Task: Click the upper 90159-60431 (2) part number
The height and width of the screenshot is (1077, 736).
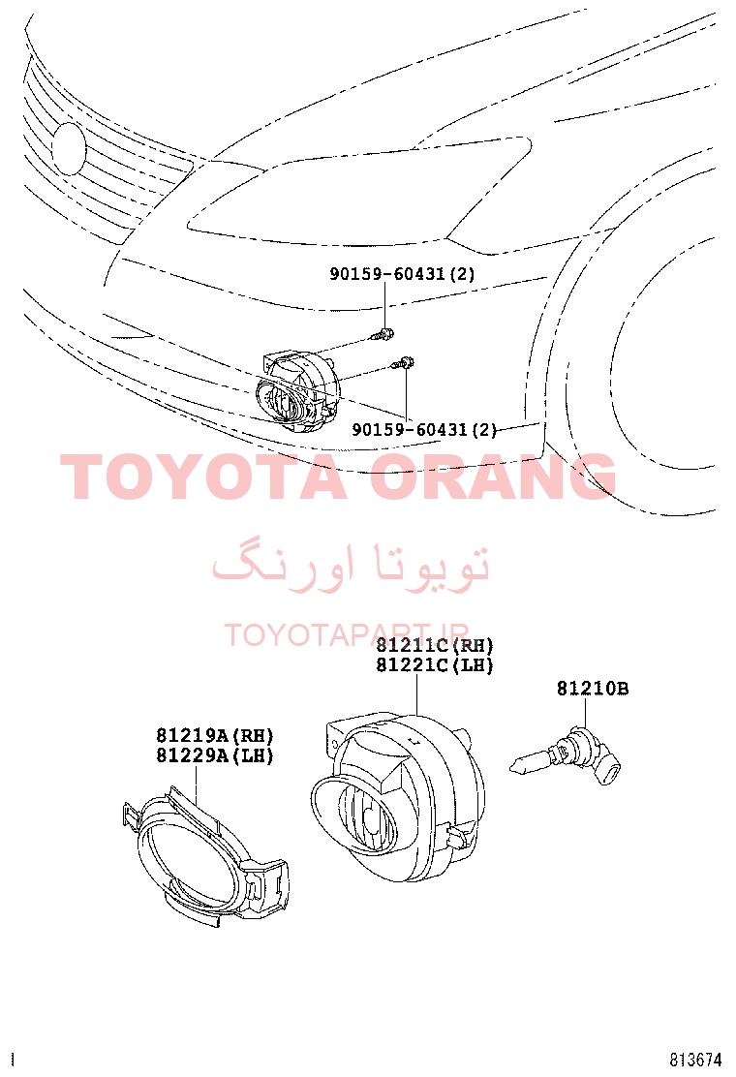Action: [x=402, y=274]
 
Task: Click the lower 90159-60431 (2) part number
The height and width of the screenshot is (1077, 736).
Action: [x=423, y=430]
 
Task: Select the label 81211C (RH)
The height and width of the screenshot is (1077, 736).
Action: [x=435, y=646]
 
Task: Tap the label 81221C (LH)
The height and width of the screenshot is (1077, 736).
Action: [x=435, y=664]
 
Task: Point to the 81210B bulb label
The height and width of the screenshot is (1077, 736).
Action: [x=593, y=689]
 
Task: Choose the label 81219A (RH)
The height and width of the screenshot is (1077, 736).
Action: [x=215, y=736]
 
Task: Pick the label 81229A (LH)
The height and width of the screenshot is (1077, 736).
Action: [x=215, y=754]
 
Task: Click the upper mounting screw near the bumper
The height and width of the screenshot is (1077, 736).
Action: [x=383, y=335]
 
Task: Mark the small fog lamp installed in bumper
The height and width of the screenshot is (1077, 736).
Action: [x=297, y=392]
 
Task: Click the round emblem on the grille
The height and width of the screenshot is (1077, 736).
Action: [x=70, y=148]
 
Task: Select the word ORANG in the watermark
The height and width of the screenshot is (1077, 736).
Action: [x=493, y=476]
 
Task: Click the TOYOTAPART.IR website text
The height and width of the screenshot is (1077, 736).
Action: [x=347, y=635]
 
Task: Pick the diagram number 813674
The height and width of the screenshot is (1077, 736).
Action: [x=695, y=1060]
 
